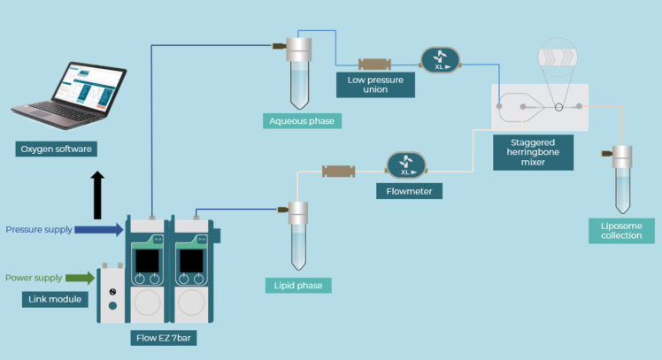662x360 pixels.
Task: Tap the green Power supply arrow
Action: pos(79,279)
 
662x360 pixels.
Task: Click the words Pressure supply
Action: pos(37,230)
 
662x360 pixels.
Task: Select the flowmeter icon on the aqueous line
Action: pos(440,61)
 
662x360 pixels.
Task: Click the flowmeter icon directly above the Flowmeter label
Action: pos(407,165)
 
